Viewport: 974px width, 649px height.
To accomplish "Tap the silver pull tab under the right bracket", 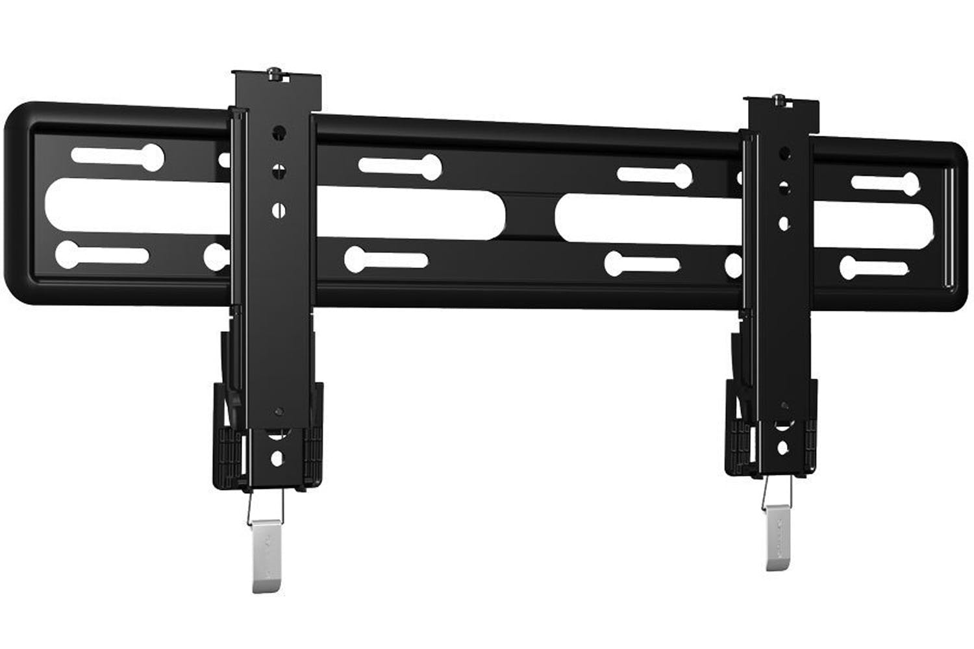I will [777, 539].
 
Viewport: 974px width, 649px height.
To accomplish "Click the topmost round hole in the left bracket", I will [279, 132].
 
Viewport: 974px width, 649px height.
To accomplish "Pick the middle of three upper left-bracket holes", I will [279, 171].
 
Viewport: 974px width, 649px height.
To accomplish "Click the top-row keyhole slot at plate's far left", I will [118, 156].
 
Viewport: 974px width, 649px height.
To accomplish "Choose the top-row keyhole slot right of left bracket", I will [399, 166].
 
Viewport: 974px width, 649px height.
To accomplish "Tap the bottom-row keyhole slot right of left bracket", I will [384, 259].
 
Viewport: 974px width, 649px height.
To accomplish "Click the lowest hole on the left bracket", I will [277, 458].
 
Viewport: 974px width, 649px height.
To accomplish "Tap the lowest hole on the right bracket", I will [784, 447].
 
